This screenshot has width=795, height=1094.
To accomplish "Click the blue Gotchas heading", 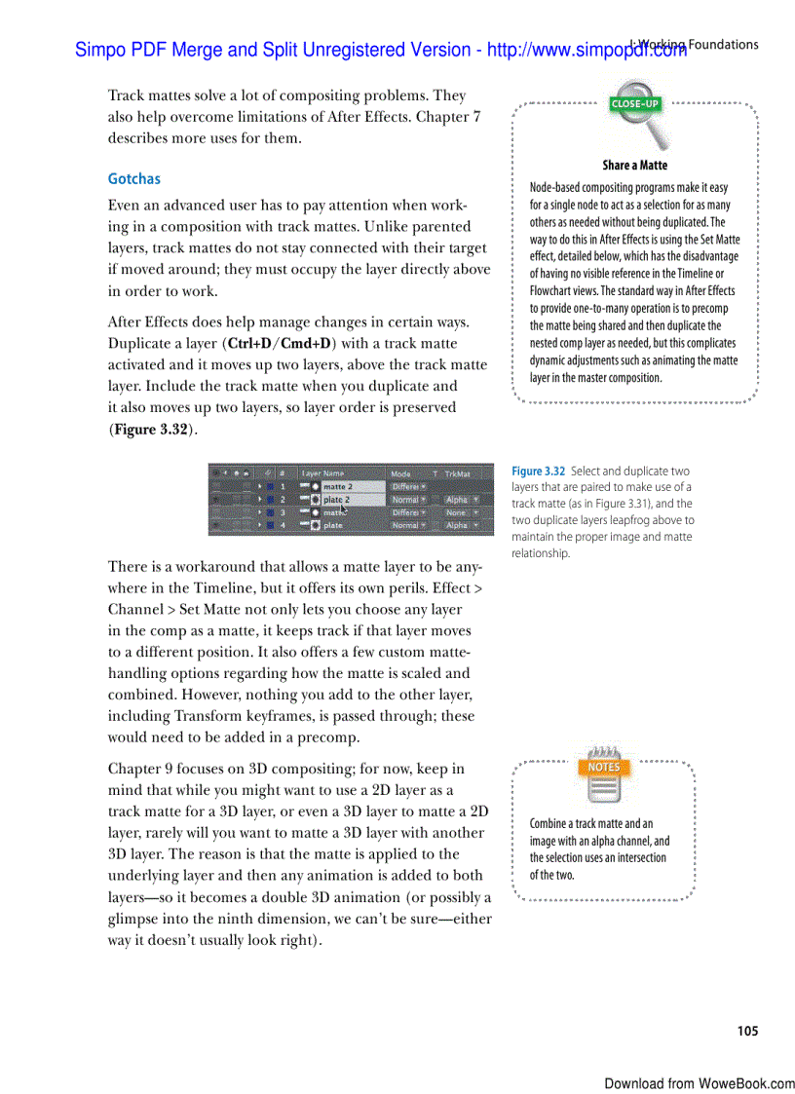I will point(133,179).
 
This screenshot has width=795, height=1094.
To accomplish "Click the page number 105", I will point(747,1031).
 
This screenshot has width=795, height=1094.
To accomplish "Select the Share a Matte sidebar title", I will point(634,166).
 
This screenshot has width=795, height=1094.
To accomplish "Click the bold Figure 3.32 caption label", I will point(539,472).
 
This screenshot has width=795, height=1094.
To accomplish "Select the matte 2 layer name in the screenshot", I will point(337,486).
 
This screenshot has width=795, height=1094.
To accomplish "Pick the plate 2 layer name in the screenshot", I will point(336,499).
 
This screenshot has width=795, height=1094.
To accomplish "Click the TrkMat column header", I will point(457,473).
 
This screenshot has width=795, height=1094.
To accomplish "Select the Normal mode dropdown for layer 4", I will point(407,525).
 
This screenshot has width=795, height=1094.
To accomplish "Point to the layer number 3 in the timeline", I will point(283,512).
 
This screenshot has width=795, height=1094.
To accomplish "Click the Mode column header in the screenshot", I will point(400,473).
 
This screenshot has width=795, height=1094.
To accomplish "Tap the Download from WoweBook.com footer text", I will point(699,1083).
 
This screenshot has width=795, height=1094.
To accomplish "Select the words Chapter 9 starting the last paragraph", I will point(142,769).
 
